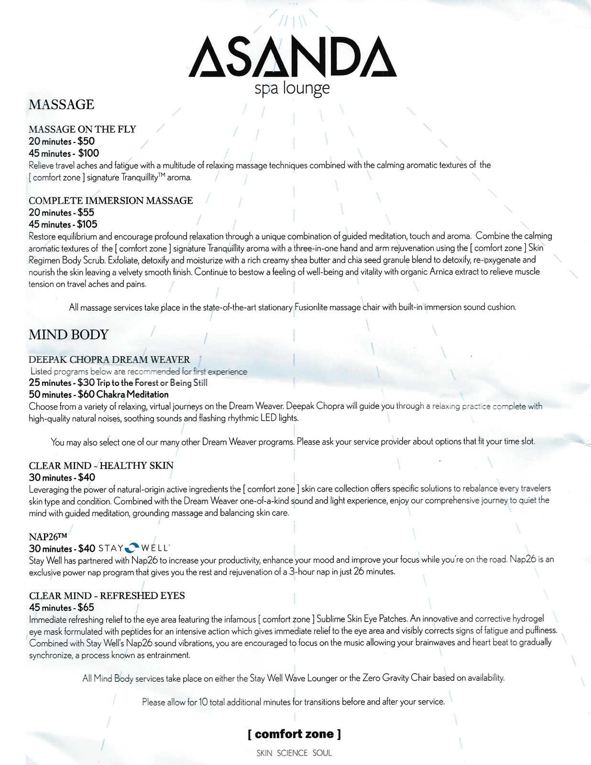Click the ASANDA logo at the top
tap(293, 56)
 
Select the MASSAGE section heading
tap(62, 104)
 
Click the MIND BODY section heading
tap(69, 335)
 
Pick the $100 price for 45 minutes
tap(88, 153)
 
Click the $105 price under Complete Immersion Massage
tap(88, 224)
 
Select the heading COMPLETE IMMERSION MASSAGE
tap(111, 201)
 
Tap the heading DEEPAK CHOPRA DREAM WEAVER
tap(109, 360)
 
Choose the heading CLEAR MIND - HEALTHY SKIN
tap(101, 466)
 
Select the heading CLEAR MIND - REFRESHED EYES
tap(107, 596)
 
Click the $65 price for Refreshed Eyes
tap(86, 608)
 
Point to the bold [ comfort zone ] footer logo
tap(294, 734)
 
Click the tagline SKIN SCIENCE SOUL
tap(294, 753)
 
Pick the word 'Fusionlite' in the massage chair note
tap(314, 307)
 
